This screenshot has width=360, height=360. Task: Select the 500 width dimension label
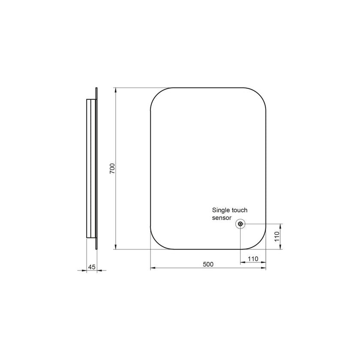point(208,264)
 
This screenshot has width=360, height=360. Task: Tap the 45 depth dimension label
point(91,267)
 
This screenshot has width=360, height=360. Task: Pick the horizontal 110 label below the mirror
point(253,258)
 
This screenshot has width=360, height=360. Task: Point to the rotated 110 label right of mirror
point(277,236)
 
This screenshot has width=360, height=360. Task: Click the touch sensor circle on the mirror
point(240,224)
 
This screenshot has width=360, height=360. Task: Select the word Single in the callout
point(221,210)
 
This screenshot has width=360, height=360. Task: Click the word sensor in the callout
point(222,218)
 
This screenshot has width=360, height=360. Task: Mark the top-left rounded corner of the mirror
point(156,93)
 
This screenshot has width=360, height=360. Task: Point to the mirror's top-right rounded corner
point(260,93)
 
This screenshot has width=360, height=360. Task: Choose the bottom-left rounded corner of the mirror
point(156,243)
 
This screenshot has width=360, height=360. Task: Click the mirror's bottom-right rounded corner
point(260,243)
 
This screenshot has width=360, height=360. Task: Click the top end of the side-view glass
point(96,89)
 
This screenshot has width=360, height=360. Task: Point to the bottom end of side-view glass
point(96,247)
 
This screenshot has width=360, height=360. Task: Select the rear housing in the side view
point(90,168)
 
